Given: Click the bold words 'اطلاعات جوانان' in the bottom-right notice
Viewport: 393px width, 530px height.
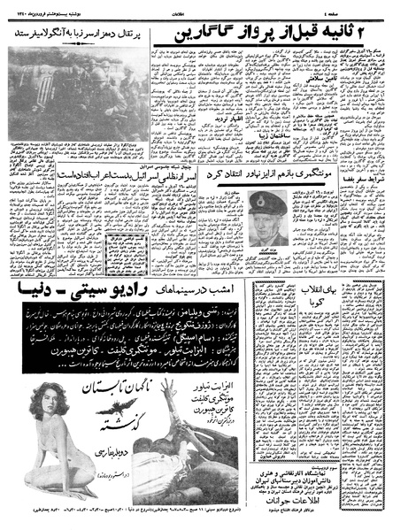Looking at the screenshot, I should tap(334, 498).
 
